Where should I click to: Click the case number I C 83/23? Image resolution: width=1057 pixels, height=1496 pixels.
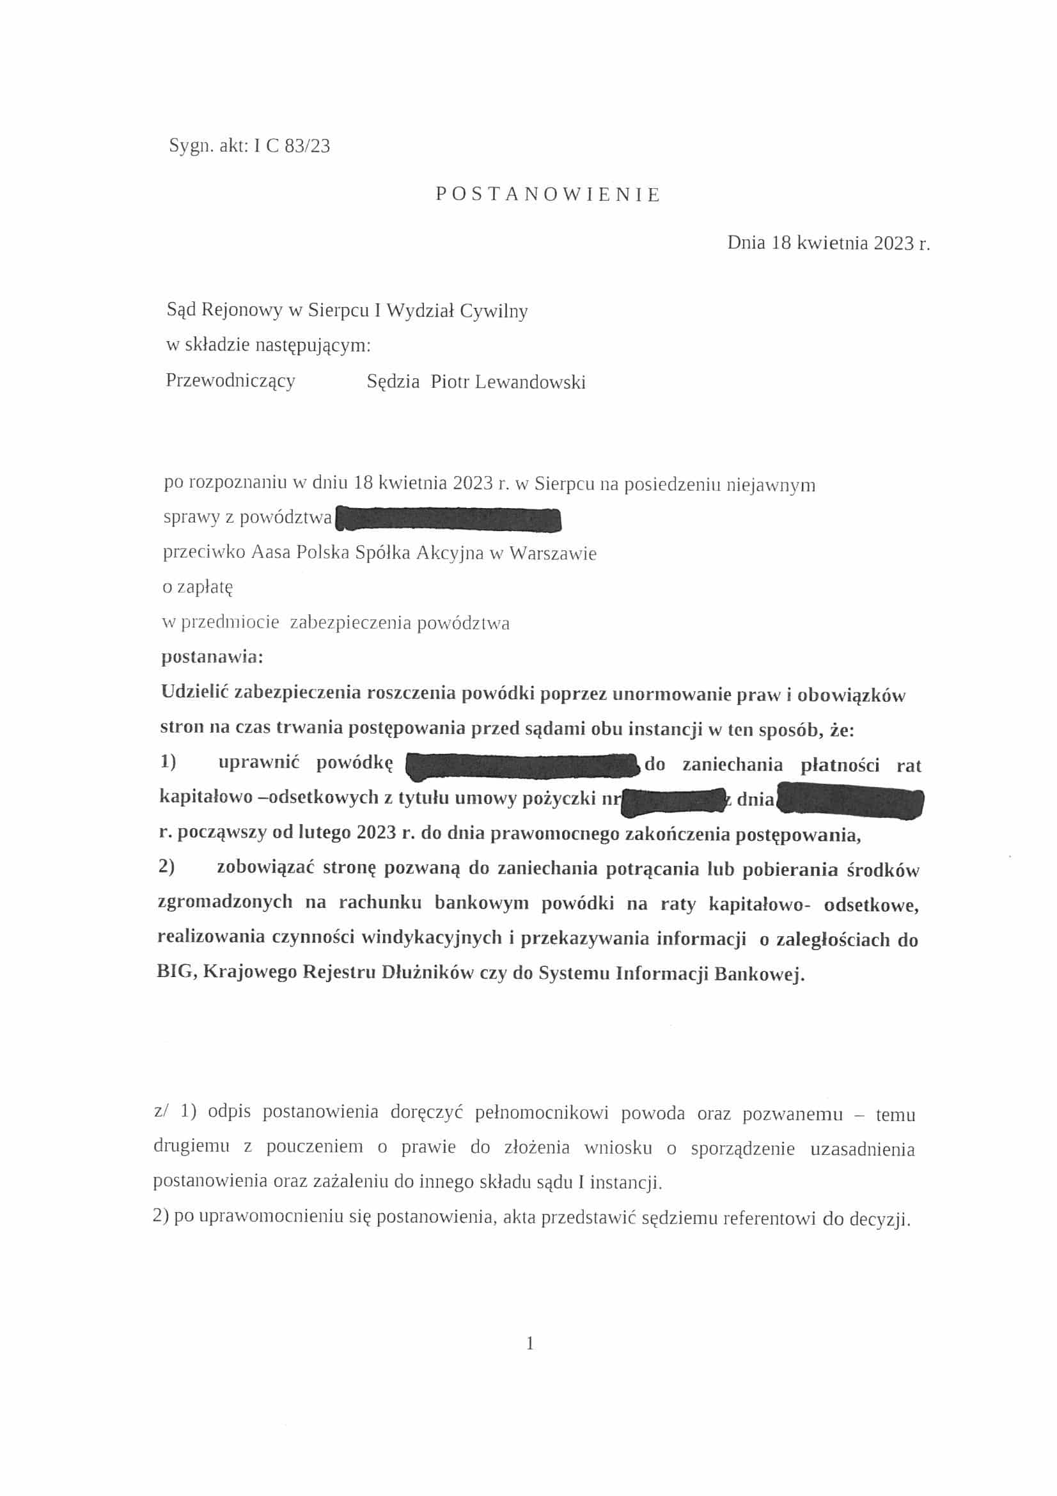(x=292, y=146)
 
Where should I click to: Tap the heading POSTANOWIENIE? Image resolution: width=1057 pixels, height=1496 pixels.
(x=549, y=194)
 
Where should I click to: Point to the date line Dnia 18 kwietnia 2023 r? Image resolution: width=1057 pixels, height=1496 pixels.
(x=829, y=244)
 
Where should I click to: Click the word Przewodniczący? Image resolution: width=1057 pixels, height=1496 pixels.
(x=231, y=381)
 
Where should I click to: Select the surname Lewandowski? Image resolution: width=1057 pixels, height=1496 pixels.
(x=530, y=382)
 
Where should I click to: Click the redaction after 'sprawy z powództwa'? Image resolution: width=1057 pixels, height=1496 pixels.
(x=448, y=520)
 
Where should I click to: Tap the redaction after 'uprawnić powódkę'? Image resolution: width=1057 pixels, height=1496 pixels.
(x=522, y=764)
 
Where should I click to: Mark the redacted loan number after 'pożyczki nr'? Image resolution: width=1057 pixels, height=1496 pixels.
(x=673, y=800)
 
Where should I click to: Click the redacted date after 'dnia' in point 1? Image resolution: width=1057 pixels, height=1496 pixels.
(x=850, y=800)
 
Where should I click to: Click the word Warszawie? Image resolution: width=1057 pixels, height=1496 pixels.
(x=553, y=554)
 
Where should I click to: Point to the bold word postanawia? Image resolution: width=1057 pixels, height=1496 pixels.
(x=212, y=656)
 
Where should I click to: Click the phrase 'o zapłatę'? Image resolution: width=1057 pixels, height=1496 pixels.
(x=198, y=587)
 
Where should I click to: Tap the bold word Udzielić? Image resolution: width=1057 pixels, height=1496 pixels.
(x=194, y=692)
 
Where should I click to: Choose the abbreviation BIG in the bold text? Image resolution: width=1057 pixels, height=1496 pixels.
(x=174, y=972)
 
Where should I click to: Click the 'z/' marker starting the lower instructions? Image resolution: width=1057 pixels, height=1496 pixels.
(x=161, y=1112)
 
